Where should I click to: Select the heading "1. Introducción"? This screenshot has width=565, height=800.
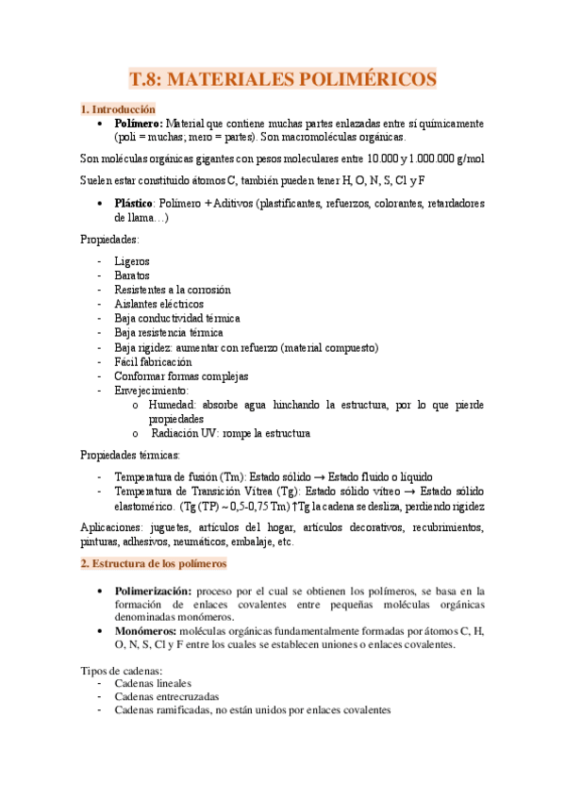118,108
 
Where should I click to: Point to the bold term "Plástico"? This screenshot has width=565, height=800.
134,203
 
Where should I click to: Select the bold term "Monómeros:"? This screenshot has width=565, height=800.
149,631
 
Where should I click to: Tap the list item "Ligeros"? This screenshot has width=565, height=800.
131,261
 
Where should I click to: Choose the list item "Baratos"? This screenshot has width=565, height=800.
131,275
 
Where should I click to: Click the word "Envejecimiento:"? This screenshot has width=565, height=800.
152,390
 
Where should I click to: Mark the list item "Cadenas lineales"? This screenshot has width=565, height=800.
152,683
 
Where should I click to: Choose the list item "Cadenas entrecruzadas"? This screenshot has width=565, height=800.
165,696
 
